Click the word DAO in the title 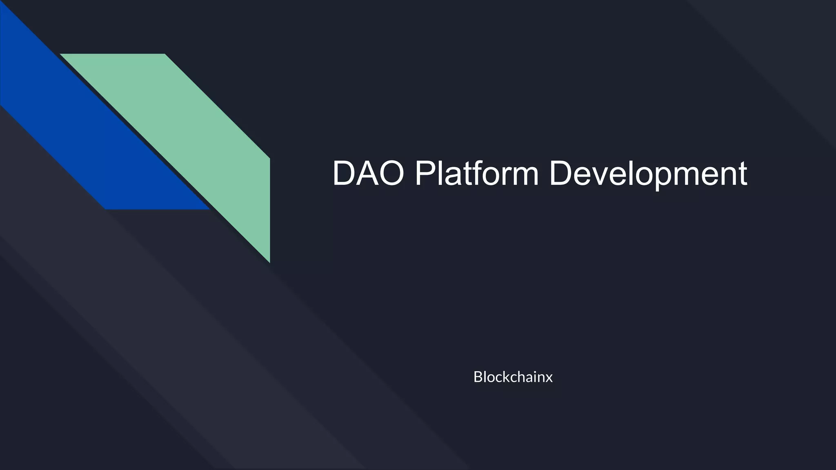point(368,173)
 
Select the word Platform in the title point(476,173)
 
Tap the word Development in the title point(648,173)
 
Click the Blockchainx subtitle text point(513,377)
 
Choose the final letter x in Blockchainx point(549,378)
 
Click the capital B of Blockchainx point(478,377)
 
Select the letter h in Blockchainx point(522,377)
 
